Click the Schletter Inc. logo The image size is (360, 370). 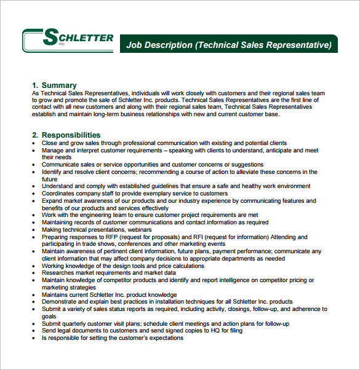[x=68, y=40]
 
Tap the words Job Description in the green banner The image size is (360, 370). [x=159, y=45]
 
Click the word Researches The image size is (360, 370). [x=60, y=272]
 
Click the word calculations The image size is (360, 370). [x=183, y=266]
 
